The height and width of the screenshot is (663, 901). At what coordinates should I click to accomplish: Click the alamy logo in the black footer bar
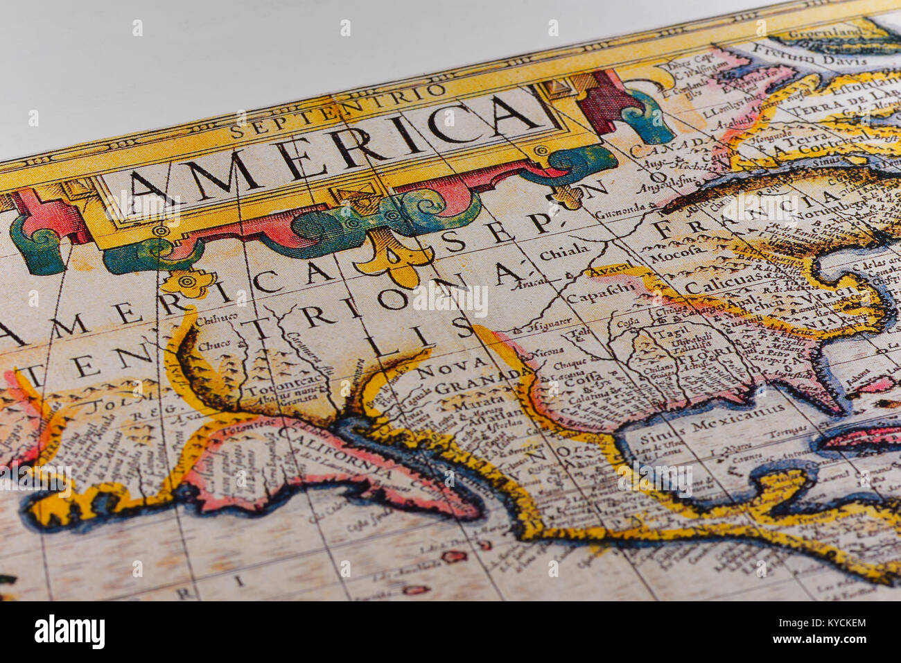[x=69, y=632]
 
